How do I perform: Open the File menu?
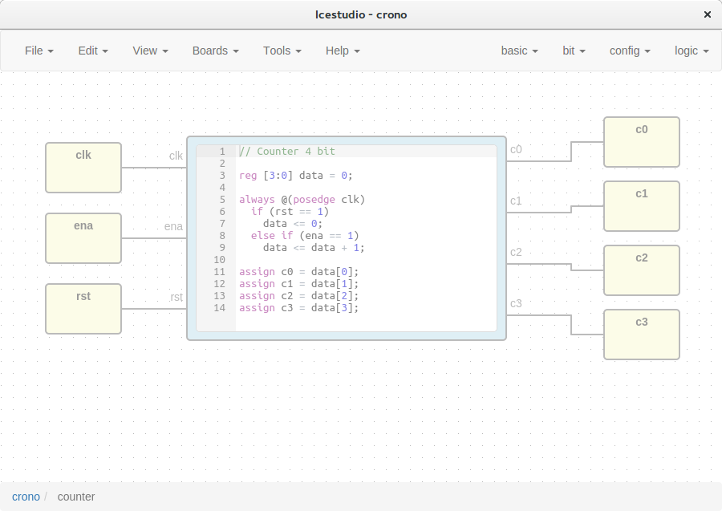click(x=39, y=51)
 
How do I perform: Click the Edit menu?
click(x=93, y=51)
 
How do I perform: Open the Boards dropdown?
click(x=216, y=51)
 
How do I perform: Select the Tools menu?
click(x=282, y=51)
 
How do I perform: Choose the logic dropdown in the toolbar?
click(x=692, y=51)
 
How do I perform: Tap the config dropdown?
click(x=630, y=51)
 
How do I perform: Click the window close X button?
click(x=708, y=14)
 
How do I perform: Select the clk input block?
click(x=83, y=168)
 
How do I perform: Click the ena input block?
click(x=83, y=238)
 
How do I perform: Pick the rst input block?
click(x=83, y=309)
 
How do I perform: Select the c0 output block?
click(x=642, y=142)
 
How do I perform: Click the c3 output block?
click(x=642, y=335)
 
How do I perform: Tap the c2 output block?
click(x=642, y=270)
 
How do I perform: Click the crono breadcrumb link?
click(x=26, y=497)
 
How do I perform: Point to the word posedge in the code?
click(x=314, y=200)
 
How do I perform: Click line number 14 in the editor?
click(x=219, y=307)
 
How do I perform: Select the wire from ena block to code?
click(x=154, y=238)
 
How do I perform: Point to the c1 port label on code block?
click(x=516, y=201)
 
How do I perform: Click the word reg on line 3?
click(x=248, y=176)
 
